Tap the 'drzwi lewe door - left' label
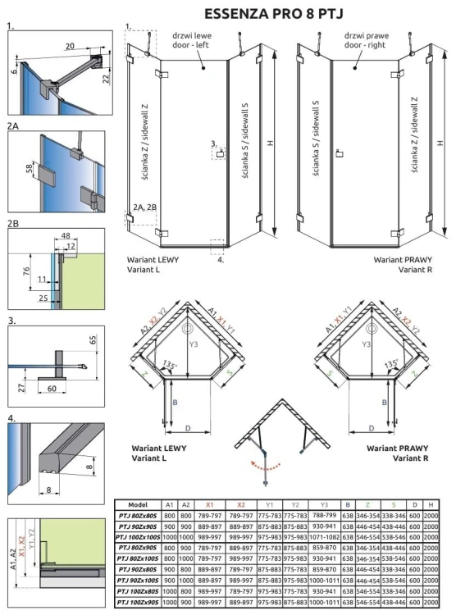[195, 40]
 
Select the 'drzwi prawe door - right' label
[364, 40]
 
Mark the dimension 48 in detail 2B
[65, 236]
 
